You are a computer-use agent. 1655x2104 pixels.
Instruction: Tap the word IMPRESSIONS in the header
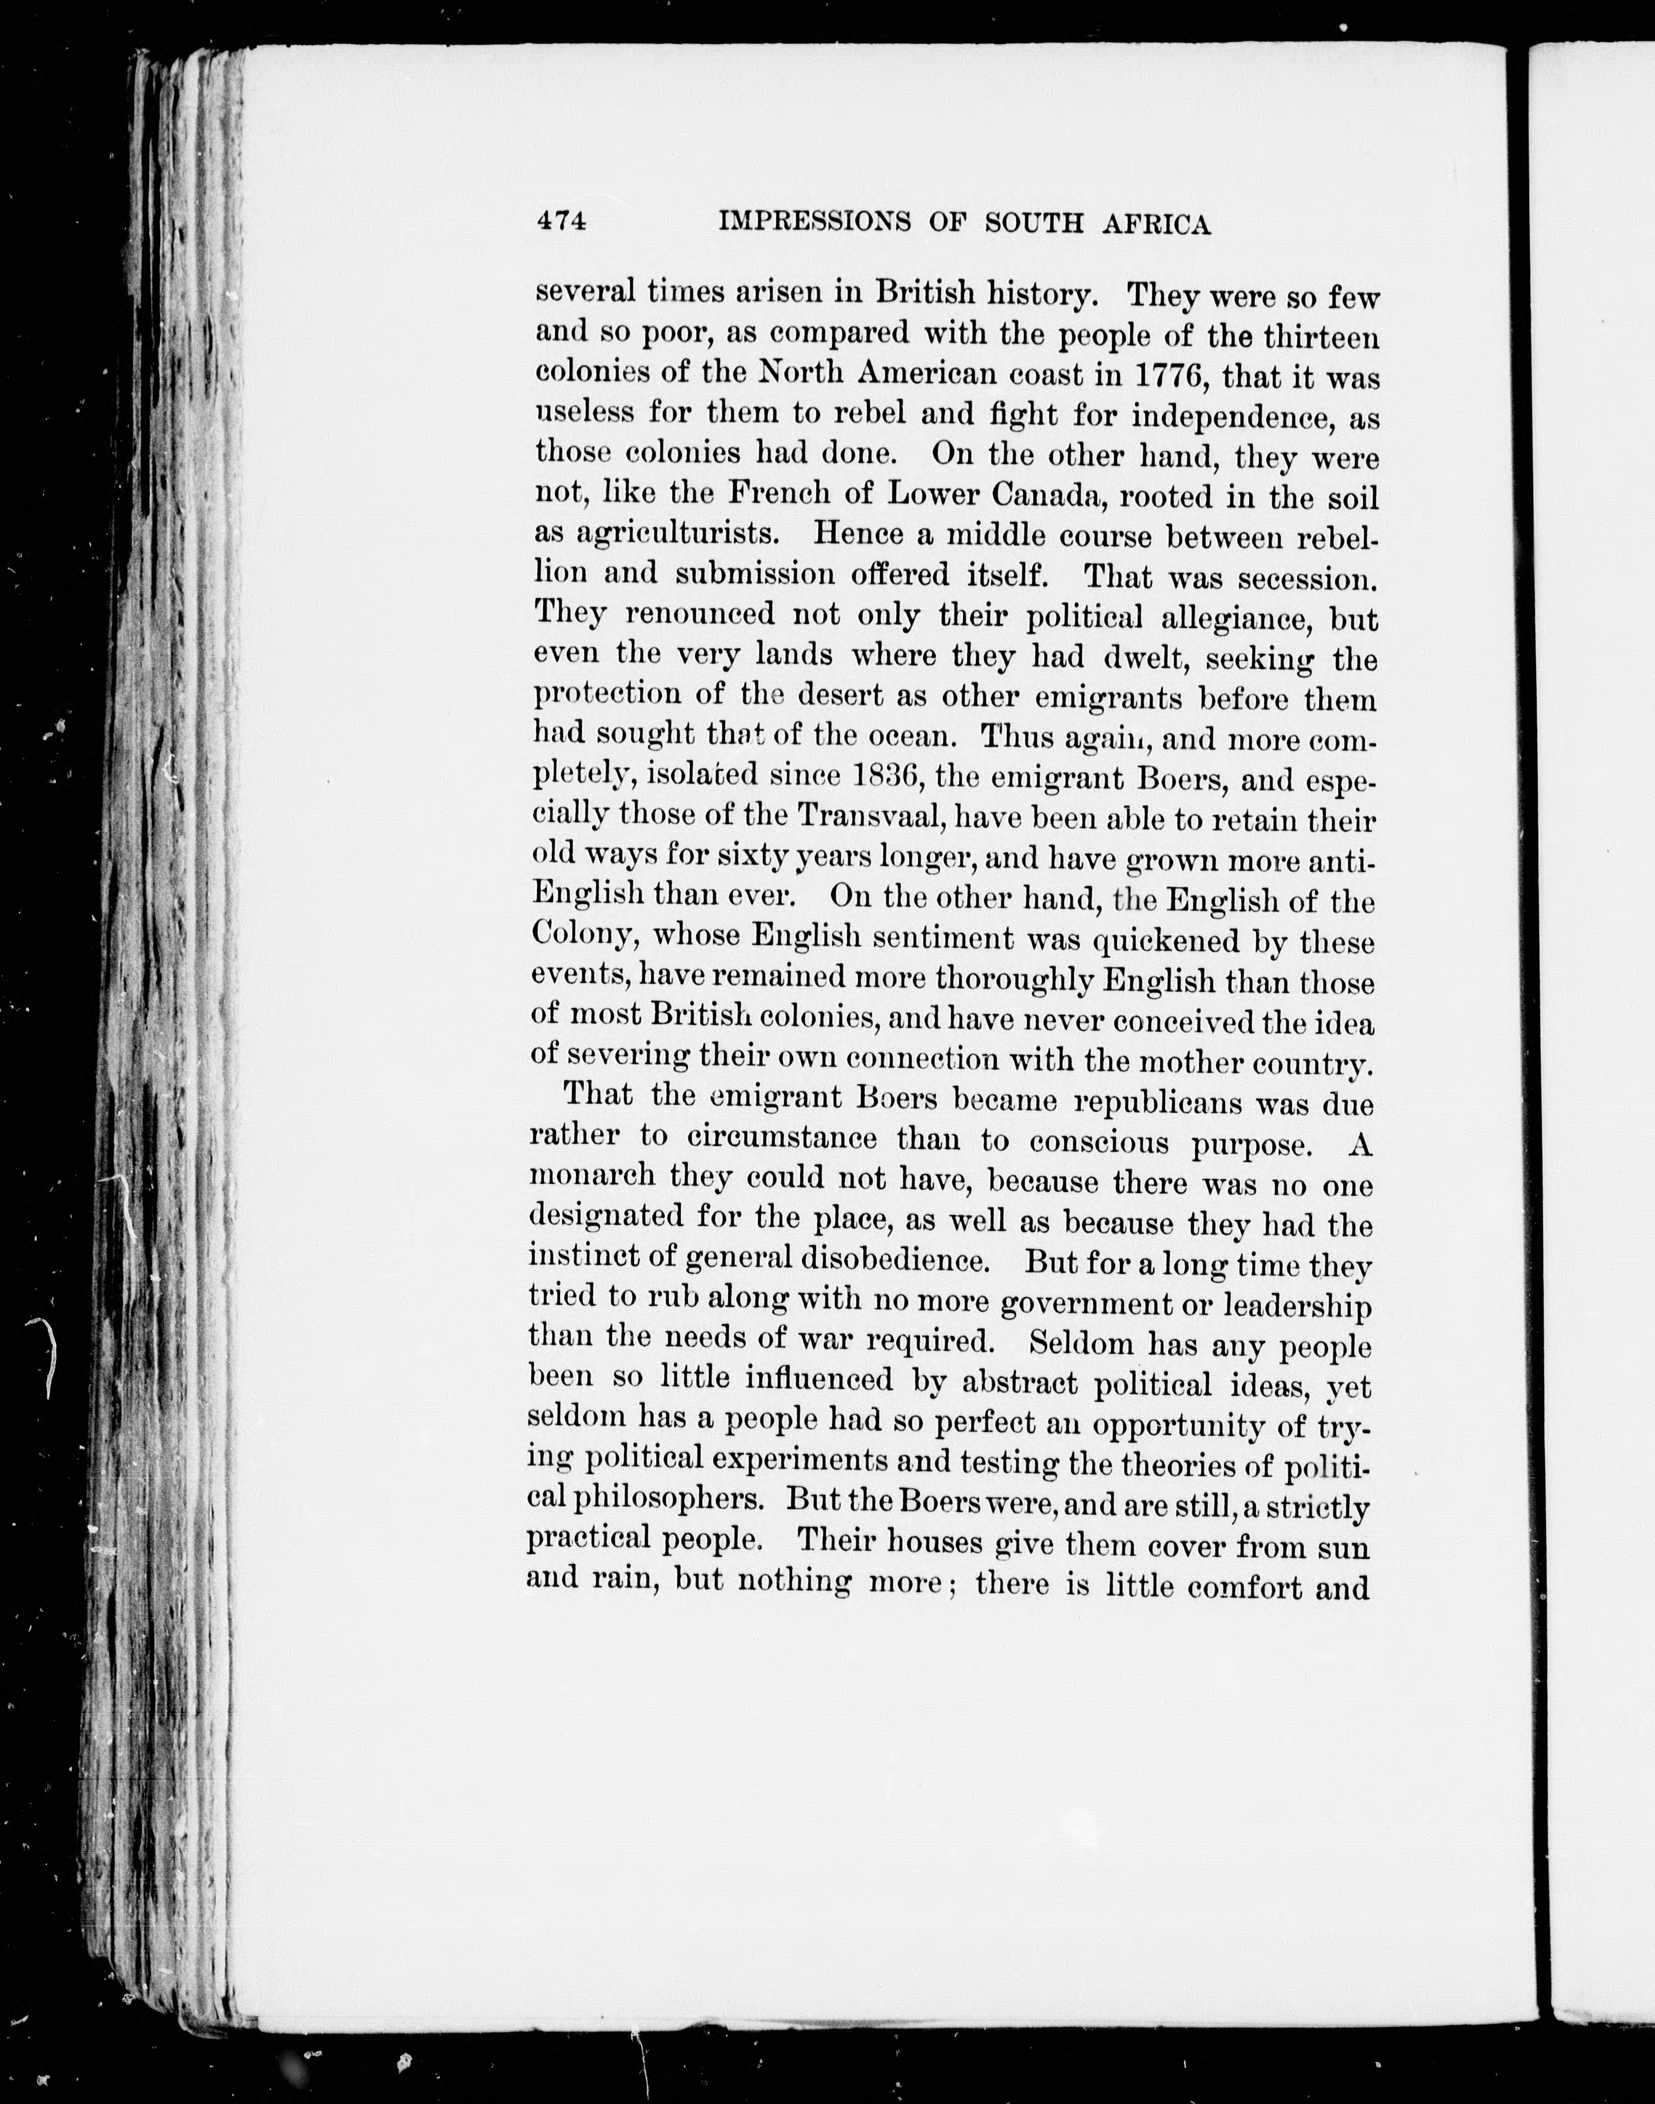(814, 223)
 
